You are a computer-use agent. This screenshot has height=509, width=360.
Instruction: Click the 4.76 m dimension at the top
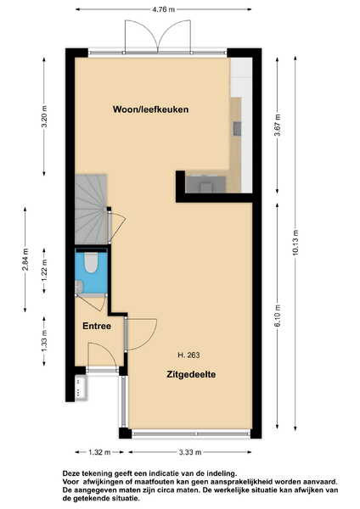coord(163,9)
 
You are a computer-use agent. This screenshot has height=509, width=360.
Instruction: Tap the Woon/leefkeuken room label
coord(150,109)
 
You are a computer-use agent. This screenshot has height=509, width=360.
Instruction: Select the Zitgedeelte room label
coord(191,374)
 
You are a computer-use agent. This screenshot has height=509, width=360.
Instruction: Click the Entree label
coord(97,326)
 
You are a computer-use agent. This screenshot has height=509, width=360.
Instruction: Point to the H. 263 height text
coord(188,355)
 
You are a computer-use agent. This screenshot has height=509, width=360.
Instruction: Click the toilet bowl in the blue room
coord(91,262)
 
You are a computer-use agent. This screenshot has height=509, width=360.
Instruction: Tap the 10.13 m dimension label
coord(295,243)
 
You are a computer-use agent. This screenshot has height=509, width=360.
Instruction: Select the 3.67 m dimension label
coord(278,125)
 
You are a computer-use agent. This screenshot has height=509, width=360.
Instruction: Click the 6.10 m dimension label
coord(278,316)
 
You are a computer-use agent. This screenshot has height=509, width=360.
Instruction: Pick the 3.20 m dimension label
coord(44,116)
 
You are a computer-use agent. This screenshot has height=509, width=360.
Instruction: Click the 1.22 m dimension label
coord(44,271)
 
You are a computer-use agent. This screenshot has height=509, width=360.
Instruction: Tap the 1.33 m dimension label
coord(44,340)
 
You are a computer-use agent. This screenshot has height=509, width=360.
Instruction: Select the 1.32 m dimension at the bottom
coord(99,452)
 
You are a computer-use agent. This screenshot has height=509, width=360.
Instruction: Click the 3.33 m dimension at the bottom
coord(190,452)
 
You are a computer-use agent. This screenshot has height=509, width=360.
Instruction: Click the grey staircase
coord(92,210)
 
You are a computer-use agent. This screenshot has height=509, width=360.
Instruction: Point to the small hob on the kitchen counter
coord(237,129)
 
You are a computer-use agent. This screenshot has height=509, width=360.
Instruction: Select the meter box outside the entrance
coord(82,387)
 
